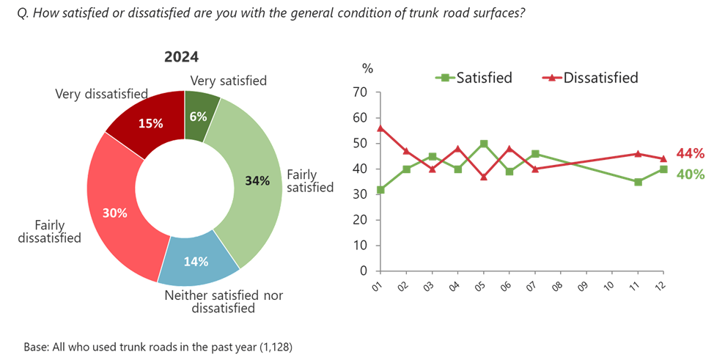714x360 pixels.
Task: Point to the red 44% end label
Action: point(690,154)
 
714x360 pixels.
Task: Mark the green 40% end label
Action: point(690,175)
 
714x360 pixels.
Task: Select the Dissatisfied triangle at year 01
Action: point(379,128)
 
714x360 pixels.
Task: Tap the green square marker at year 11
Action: point(638,181)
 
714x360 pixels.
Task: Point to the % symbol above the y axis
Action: point(367,69)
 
